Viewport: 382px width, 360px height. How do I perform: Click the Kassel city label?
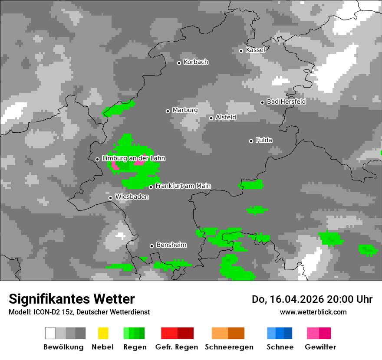(x=255, y=50)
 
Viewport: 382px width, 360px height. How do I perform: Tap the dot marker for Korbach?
(x=179, y=63)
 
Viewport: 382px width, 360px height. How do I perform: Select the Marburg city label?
(x=185, y=110)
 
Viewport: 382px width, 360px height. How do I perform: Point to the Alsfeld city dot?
(x=211, y=118)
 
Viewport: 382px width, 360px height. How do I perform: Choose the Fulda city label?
(x=264, y=140)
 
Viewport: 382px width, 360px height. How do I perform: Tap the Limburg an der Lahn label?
(x=133, y=158)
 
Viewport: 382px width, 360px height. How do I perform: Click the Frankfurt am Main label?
(x=183, y=186)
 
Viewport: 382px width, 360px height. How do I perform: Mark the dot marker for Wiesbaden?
(x=111, y=198)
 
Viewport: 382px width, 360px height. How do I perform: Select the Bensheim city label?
(x=171, y=245)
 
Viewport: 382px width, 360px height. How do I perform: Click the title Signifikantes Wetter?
(x=72, y=299)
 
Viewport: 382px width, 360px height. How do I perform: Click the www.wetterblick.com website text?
(x=313, y=312)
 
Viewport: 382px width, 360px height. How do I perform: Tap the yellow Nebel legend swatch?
(x=103, y=333)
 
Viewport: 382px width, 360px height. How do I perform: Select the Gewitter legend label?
(x=320, y=347)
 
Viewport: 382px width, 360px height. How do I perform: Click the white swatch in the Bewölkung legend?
(x=50, y=333)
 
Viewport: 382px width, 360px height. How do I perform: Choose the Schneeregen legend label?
(x=229, y=347)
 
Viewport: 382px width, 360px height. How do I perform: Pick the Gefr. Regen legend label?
(x=177, y=347)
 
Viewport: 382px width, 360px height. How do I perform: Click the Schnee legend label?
(x=280, y=347)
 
